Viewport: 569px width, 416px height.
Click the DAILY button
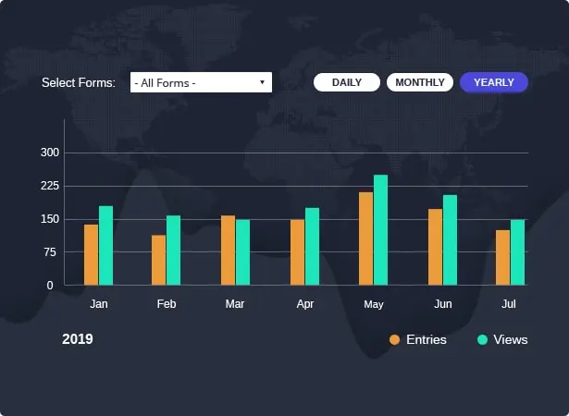point(347,82)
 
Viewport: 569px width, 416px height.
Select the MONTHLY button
point(420,82)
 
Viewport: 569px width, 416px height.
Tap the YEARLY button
point(494,82)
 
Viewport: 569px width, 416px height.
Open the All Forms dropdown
point(201,83)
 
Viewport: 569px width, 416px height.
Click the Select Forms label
point(78,83)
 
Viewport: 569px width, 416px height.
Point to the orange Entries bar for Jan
point(91,254)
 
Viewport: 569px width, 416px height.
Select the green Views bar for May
point(380,229)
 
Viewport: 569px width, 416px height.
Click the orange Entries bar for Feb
point(159,260)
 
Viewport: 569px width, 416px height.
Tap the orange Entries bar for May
point(365,239)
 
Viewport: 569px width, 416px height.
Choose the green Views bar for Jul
point(517,251)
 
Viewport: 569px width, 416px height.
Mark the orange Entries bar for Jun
point(435,247)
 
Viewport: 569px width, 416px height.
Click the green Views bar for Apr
point(312,246)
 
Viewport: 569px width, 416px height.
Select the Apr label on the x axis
point(305,303)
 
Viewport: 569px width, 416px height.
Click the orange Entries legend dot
point(394,340)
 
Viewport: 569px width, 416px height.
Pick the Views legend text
point(511,340)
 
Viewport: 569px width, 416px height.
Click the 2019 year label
point(78,339)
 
